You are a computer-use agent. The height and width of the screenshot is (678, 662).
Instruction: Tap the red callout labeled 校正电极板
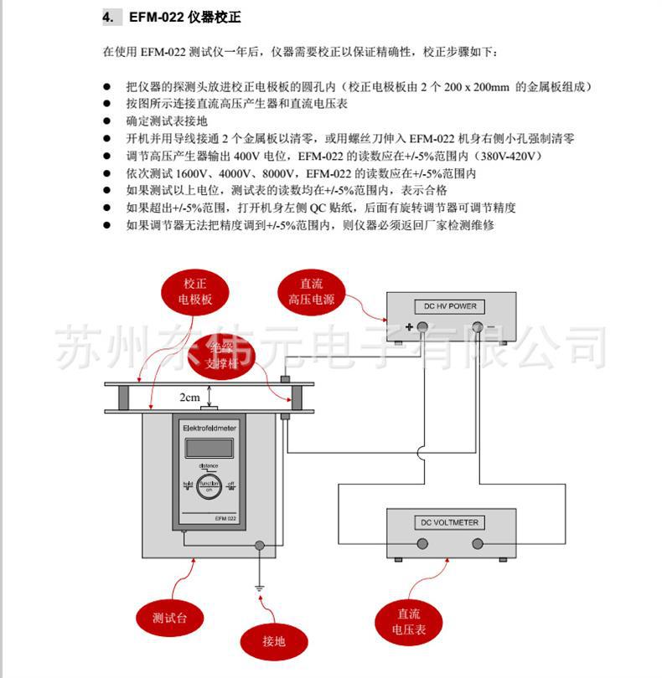coord(194,291)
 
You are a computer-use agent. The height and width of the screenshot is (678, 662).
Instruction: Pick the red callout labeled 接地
coord(273,641)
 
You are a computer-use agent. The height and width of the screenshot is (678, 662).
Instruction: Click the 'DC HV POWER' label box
coord(450,306)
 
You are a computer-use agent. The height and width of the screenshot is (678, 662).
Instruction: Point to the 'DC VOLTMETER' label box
coord(450,522)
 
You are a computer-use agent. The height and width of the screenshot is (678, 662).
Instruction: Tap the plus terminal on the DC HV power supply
coord(423,327)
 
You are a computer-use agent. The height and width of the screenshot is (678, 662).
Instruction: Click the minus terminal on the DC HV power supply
coord(478,327)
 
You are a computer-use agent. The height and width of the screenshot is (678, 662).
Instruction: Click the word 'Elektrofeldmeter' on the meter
coord(209,428)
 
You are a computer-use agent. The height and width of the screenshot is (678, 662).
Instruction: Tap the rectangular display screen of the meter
coord(209,445)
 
